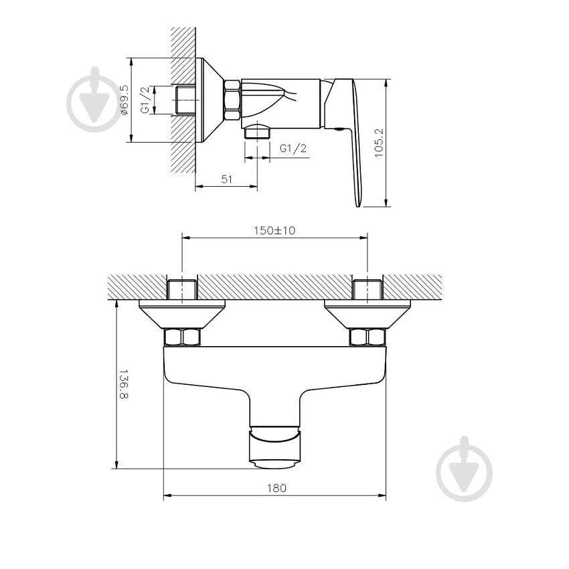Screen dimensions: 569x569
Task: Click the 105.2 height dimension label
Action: (x=378, y=143)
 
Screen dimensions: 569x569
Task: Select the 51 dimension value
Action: (x=226, y=179)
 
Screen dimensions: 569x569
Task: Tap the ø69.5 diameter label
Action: (x=124, y=100)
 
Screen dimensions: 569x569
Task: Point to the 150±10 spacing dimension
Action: (x=274, y=230)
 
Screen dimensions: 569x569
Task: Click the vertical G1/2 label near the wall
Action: (x=145, y=100)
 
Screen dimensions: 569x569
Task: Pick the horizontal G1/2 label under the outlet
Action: (x=293, y=148)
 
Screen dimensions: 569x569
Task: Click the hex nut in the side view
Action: (x=232, y=100)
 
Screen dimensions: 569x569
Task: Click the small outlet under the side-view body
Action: (x=256, y=131)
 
